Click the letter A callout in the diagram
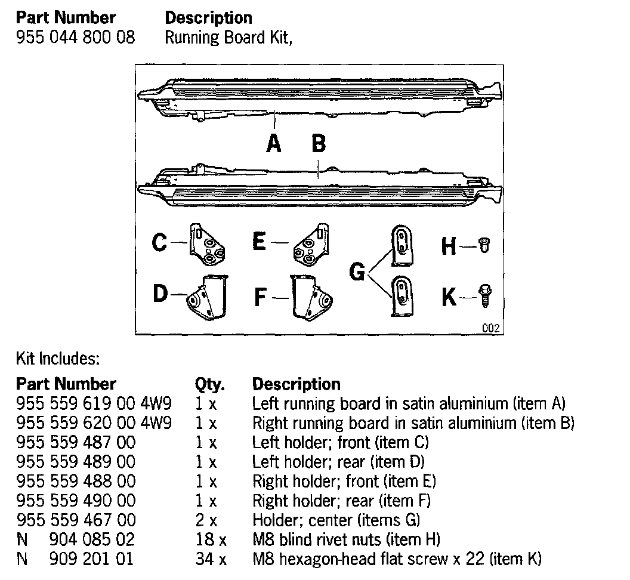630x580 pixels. (274, 143)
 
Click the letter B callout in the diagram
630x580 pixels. (319, 143)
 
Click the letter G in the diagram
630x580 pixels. (357, 272)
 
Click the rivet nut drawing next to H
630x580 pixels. (484, 245)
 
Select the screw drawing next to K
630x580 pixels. (484, 296)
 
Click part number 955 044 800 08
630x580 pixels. (76, 38)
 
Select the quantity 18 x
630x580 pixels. (211, 540)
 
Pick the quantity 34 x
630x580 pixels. (211, 560)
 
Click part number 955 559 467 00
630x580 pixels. (76, 520)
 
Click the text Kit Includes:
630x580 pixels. (57, 359)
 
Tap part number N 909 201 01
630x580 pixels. (76, 560)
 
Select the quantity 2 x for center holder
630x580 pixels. (205, 520)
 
